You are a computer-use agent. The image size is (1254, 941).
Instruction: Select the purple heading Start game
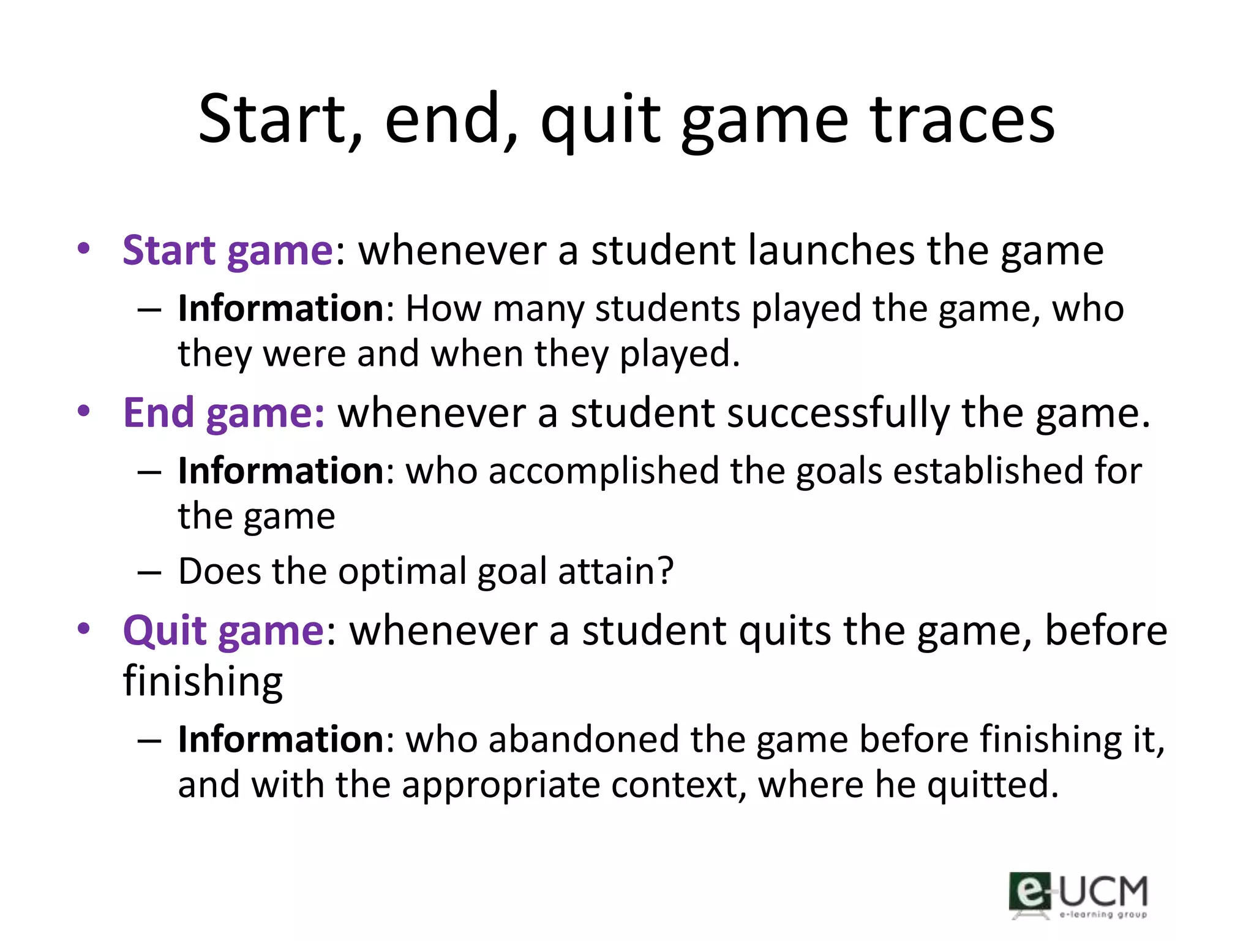(x=228, y=251)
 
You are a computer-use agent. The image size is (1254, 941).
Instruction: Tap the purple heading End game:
(x=224, y=413)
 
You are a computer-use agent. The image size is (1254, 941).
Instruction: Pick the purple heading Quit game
(x=223, y=630)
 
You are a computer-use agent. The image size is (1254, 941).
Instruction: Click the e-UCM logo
(x=1078, y=895)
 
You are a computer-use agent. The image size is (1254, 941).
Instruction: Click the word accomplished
(x=604, y=471)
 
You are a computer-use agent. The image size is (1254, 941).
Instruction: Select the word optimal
(x=402, y=572)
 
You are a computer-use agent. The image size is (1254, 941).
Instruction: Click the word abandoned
(x=584, y=739)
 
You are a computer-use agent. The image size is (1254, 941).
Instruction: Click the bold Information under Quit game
(x=281, y=739)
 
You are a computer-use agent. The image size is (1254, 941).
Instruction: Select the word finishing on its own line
(x=203, y=681)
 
